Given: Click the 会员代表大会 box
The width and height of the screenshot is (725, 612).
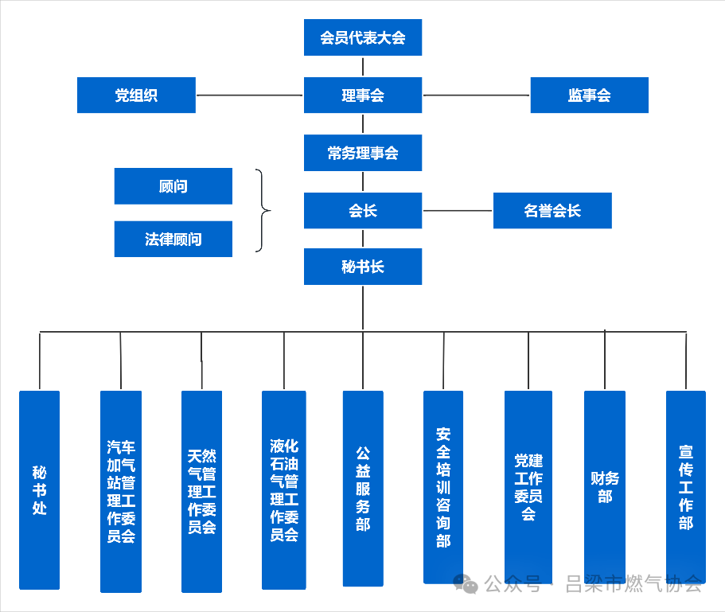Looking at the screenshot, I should [x=362, y=37].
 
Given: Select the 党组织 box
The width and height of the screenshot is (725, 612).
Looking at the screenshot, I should [x=136, y=96].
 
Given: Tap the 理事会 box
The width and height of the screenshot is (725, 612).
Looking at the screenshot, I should [x=362, y=96].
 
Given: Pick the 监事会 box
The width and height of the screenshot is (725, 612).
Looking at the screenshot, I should [x=589, y=96].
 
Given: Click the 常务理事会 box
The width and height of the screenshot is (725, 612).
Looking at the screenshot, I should [x=362, y=153].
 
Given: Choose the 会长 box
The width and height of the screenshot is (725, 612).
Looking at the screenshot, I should [x=362, y=211].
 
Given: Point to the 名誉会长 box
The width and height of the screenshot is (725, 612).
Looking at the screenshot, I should [x=552, y=211].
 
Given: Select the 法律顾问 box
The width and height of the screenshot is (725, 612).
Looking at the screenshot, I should [x=173, y=239].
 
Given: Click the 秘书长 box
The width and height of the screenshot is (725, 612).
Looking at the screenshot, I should [x=362, y=267].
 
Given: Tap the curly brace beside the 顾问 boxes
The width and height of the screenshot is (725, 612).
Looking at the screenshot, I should [x=263, y=211].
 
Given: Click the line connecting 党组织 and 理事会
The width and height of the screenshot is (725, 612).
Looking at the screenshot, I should [x=249, y=96].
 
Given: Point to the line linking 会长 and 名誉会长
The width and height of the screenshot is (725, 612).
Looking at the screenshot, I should [x=458, y=211].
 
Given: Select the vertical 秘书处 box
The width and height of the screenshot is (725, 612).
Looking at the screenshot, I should [x=40, y=489].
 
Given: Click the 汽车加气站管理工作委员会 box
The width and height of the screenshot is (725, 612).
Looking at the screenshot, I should [x=121, y=491].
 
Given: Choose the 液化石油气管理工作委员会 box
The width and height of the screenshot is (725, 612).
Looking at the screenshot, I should [x=284, y=489].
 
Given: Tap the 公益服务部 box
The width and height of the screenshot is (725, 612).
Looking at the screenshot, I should [x=363, y=488].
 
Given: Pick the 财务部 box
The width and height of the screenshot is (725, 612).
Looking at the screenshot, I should [x=605, y=487].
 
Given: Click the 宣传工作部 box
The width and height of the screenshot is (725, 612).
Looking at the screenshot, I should [x=686, y=487].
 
